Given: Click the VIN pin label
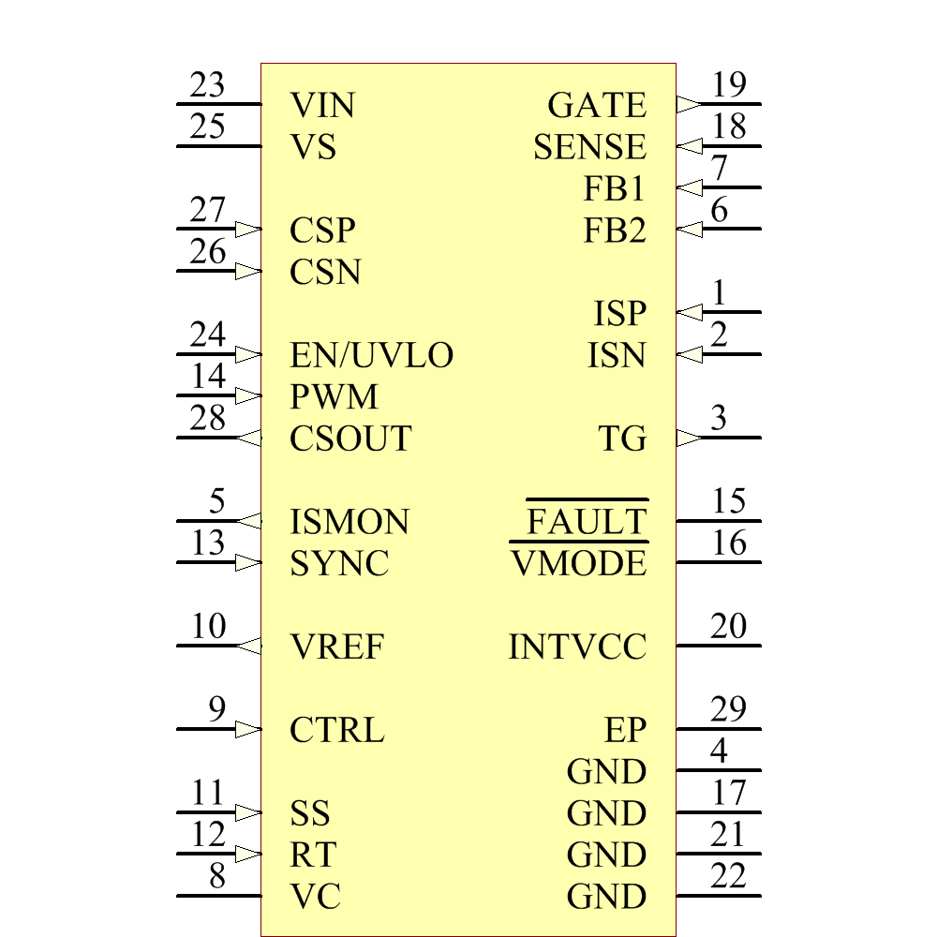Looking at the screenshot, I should pyautogui.click(x=322, y=105).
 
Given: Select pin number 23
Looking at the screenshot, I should pyautogui.click(x=207, y=85).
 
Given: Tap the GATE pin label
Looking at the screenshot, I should pyautogui.click(x=597, y=105).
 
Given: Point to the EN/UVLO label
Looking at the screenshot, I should pyautogui.click(x=372, y=355).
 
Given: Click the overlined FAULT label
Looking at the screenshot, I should pyautogui.click(x=587, y=521).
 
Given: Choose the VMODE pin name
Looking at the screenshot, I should pyautogui.click(x=579, y=563).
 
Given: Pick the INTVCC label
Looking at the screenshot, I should pyautogui.click(x=577, y=647).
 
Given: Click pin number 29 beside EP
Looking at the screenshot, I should pyautogui.click(x=729, y=710).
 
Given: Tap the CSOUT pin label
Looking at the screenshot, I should pyautogui.click(x=350, y=439).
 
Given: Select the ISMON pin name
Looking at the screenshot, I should pyautogui.click(x=350, y=522).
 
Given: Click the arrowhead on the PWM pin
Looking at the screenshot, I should pyautogui.click(x=248, y=395).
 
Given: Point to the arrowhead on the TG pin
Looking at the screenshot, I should pyautogui.click(x=688, y=438).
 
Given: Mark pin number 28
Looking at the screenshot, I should pyautogui.click(x=207, y=419).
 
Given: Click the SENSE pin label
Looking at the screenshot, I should pyautogui.click(x=589, y=147).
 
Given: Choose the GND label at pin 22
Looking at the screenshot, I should pyautogui.click(x=606, y=897).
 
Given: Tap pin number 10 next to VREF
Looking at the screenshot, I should pyautogui.click(x=208, y=627).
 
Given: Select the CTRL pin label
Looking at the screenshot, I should pyautogui.click(x=337, y=730).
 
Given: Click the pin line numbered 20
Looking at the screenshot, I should pyautogui.click(x=719, y=646).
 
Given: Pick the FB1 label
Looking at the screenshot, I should pyautogui.click(x=615, y=188).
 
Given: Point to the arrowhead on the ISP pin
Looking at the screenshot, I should pyautogui.click(x=688, y=312).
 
